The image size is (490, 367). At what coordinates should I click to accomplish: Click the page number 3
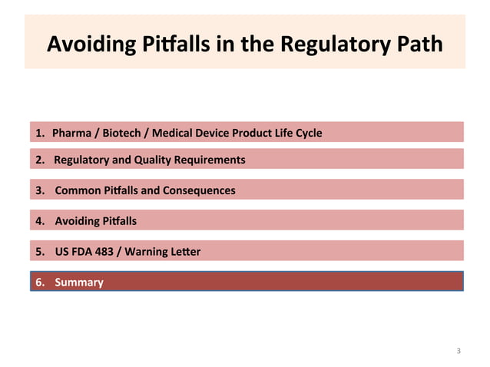[459, 351]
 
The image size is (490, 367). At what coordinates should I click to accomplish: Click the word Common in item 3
[75, 190]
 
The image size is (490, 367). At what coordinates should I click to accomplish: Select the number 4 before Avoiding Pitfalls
[38, 221]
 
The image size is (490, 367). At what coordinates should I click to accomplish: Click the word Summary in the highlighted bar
[78, 282]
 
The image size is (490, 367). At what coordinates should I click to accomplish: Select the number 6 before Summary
[38, 282]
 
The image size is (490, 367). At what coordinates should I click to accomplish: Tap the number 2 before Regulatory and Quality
[38, 160]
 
